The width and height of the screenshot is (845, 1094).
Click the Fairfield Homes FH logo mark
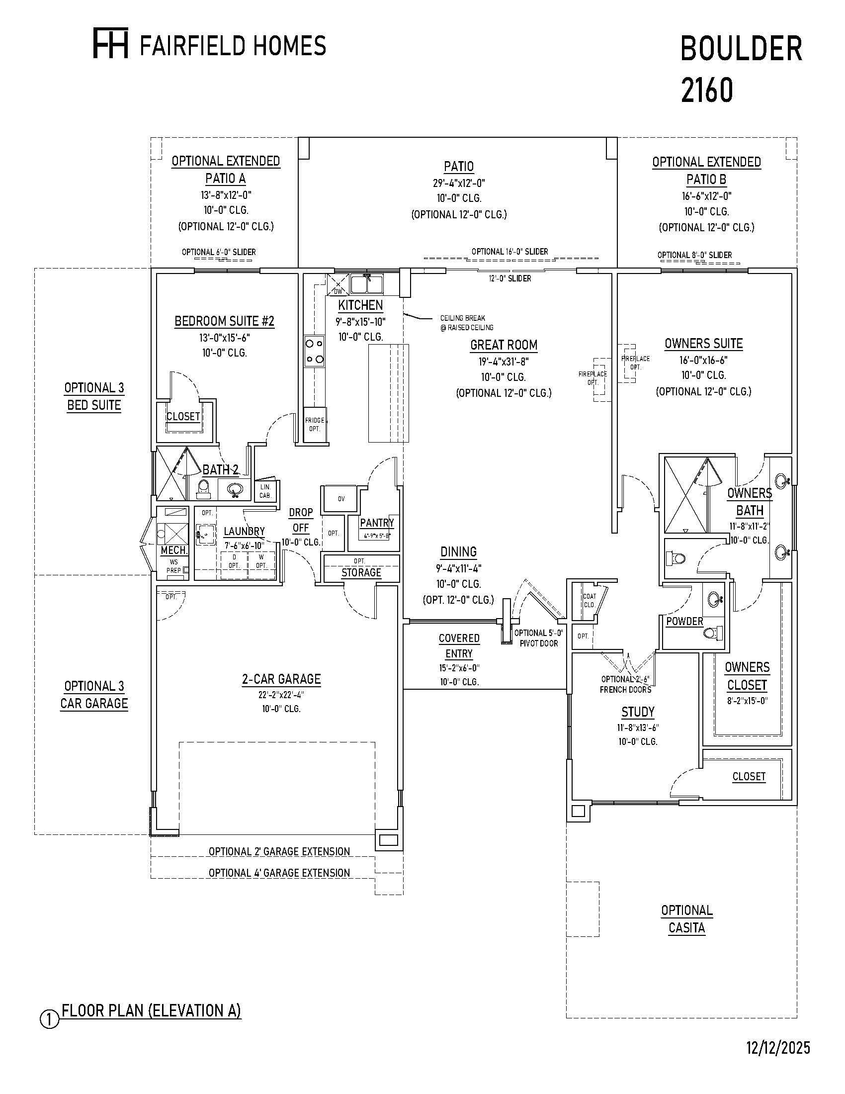(111, 44)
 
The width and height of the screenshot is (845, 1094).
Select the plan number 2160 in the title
(707, 91)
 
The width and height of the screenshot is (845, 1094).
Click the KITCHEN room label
(360, 305)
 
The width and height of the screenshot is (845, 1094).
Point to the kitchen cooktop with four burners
(314, 351)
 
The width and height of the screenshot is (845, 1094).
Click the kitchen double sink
(366, 284)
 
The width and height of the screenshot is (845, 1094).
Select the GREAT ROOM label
(504, 345)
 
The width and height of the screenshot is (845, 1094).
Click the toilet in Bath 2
(203, 488)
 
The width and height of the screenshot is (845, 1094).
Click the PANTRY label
(377, 523)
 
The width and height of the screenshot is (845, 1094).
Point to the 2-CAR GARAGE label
(281, 679)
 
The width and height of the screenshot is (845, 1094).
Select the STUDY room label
(638, 712)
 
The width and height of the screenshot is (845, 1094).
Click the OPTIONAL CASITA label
(687, 919)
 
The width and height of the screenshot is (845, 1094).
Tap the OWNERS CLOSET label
(747, 676)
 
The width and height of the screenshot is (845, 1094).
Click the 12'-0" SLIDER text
(509, 278)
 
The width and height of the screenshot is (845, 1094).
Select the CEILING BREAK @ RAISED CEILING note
(466, 323)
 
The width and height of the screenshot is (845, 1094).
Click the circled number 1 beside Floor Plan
(49, 1020)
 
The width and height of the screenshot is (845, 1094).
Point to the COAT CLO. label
(590, 600)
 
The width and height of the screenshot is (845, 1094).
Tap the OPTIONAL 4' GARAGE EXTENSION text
(279, 873)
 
